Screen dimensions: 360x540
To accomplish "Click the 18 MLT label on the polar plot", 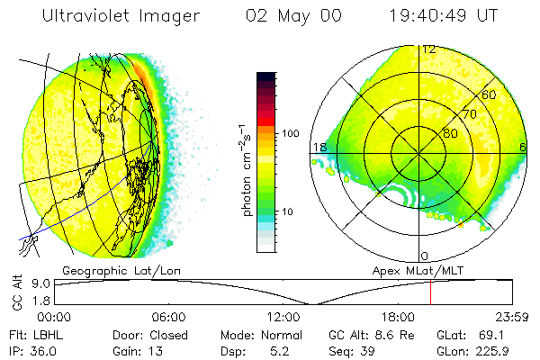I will coord(319,147).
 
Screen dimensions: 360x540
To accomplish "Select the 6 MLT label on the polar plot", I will coord(523,147).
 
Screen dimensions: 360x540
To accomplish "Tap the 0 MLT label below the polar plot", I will coord(425,256).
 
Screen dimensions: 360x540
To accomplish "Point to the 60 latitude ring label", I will coord(490,94).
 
